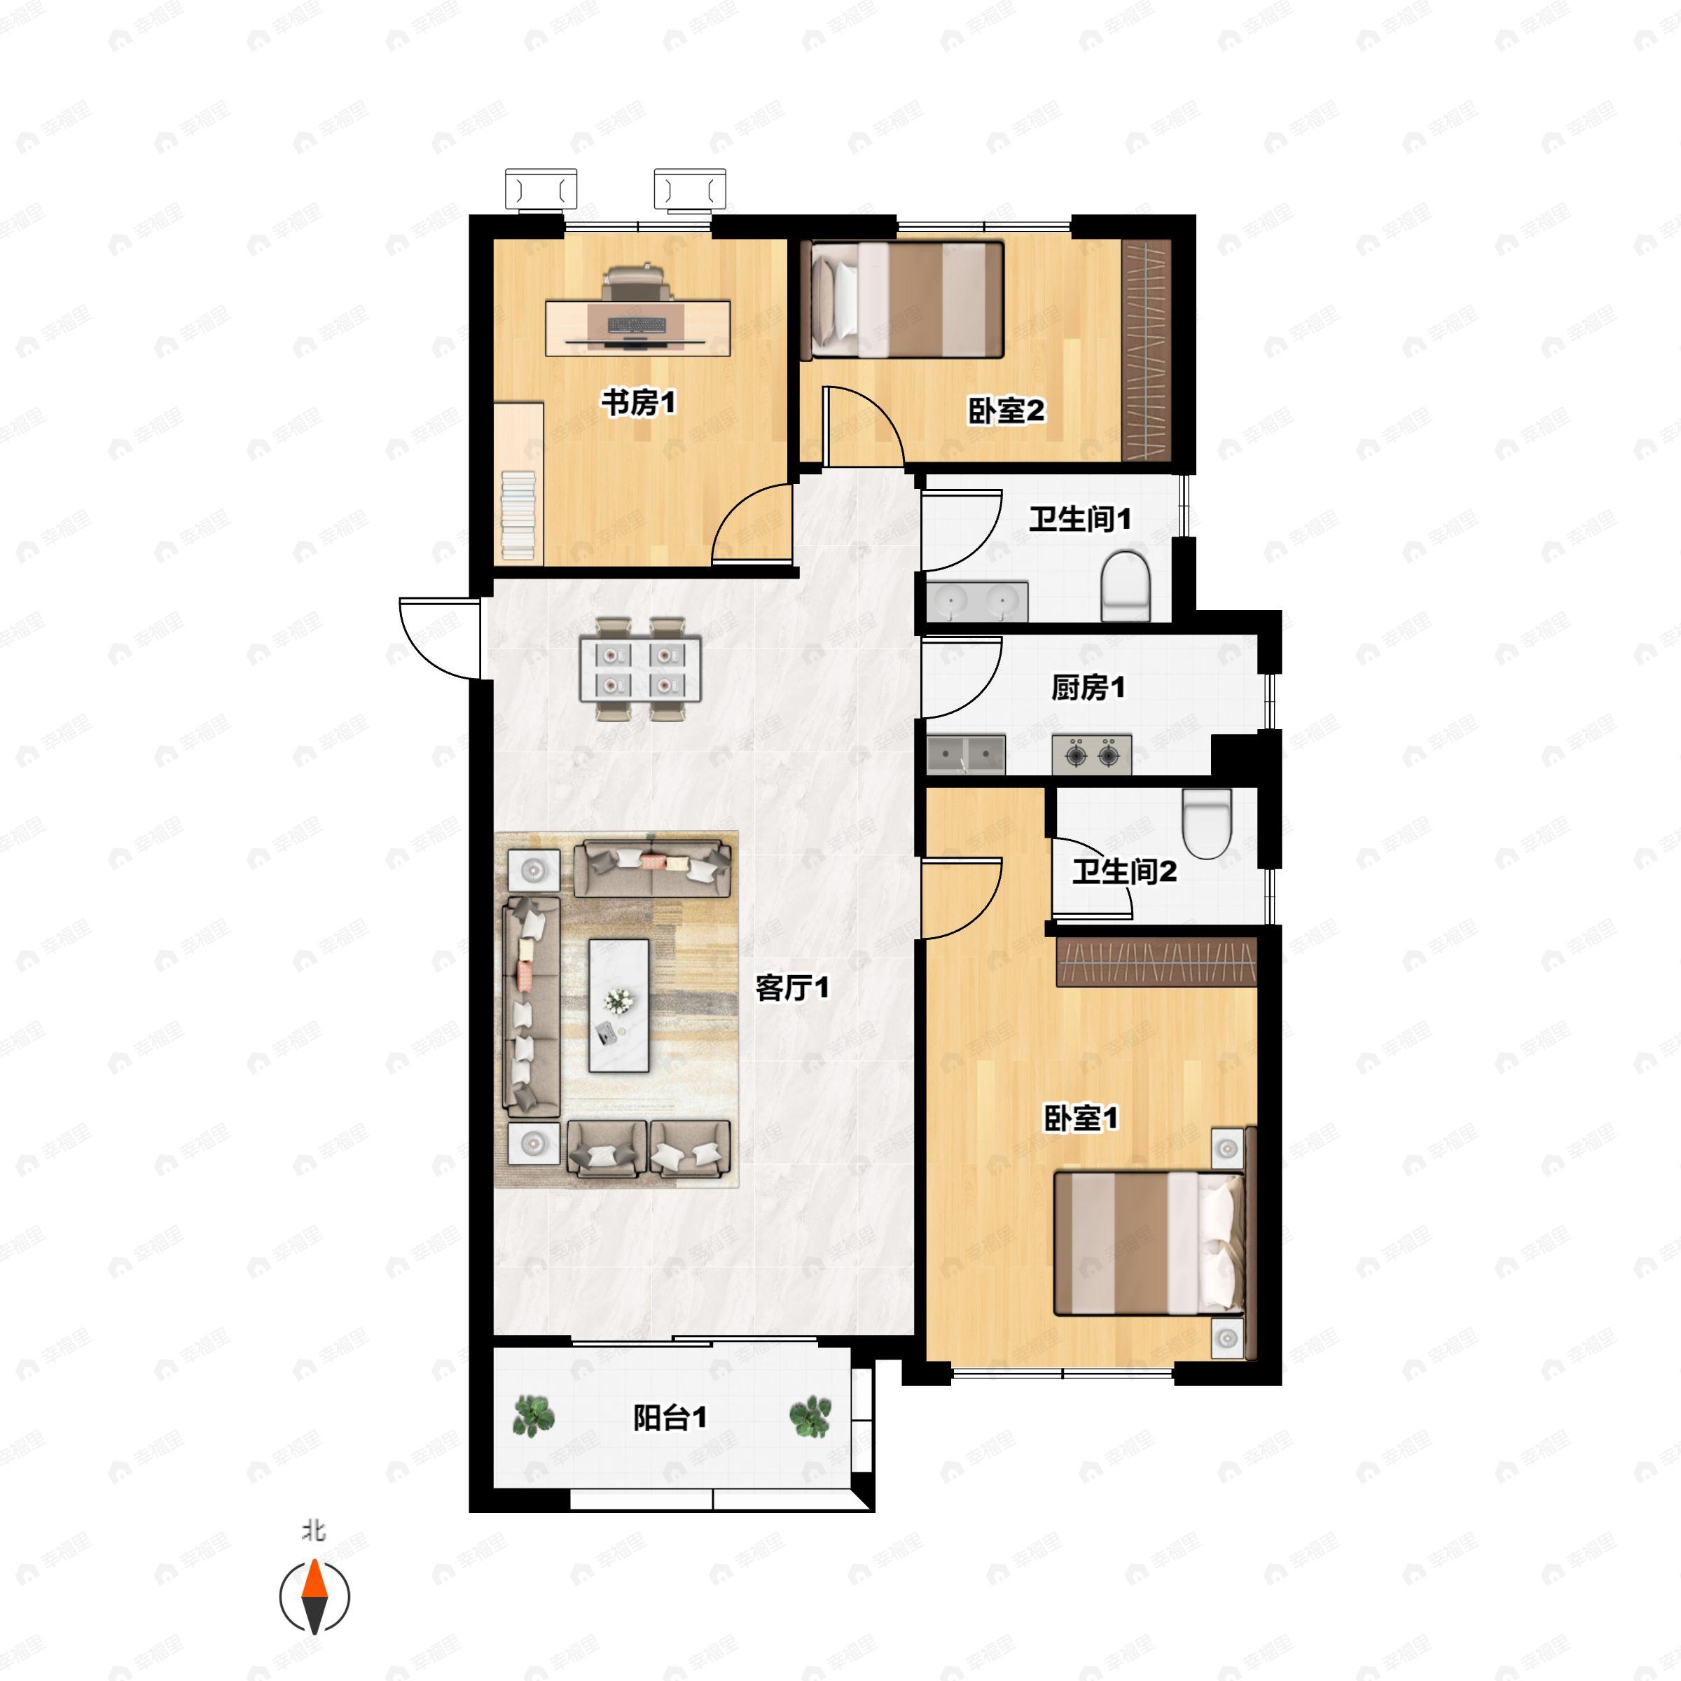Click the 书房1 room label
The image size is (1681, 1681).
[639, 403]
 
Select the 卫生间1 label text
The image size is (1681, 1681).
[1081, 520]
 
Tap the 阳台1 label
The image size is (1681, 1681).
[669, 1418]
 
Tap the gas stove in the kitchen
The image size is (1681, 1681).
[1092, 754]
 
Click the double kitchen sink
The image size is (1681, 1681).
[966, 754]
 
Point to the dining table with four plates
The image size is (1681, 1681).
[640, 669]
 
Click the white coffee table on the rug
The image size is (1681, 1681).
[618, 1005]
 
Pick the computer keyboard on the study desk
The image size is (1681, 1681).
[637, 326]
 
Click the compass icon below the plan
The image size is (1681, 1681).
[314, 1597]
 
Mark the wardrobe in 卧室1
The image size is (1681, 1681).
[1156, 962]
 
